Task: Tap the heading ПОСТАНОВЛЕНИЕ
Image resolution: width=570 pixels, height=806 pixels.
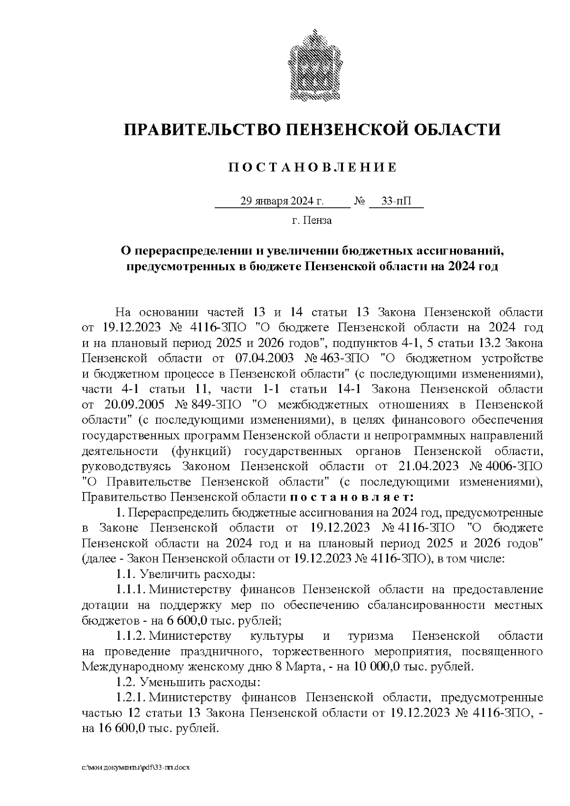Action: tap(312, 168)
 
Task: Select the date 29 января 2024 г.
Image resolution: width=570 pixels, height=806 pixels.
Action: tap(282, 201)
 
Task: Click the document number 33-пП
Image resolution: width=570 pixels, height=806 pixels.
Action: tap(397, 201)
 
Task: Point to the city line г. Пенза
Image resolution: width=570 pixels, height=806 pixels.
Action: tap(312, 221)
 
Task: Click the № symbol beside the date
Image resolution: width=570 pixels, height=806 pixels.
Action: tap(360, 201)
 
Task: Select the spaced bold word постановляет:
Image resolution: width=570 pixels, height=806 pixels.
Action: tap(352, 497)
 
